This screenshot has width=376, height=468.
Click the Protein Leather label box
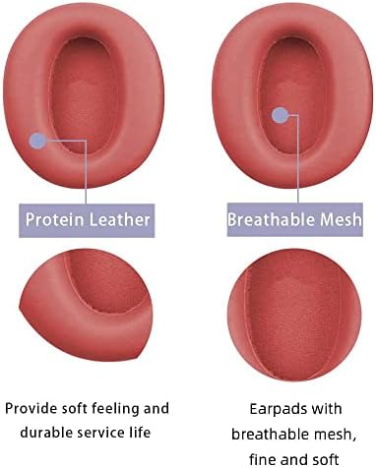tap(88, 219)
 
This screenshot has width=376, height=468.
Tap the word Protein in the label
tap(57, 219)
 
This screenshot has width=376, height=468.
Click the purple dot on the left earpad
tap(37, 141)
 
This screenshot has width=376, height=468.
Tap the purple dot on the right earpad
tap(280, 116)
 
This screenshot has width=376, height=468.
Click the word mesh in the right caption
tap(330, 433)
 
